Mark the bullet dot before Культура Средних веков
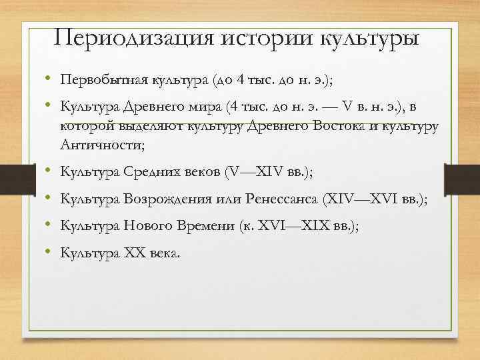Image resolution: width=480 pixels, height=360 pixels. pos(49,171)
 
